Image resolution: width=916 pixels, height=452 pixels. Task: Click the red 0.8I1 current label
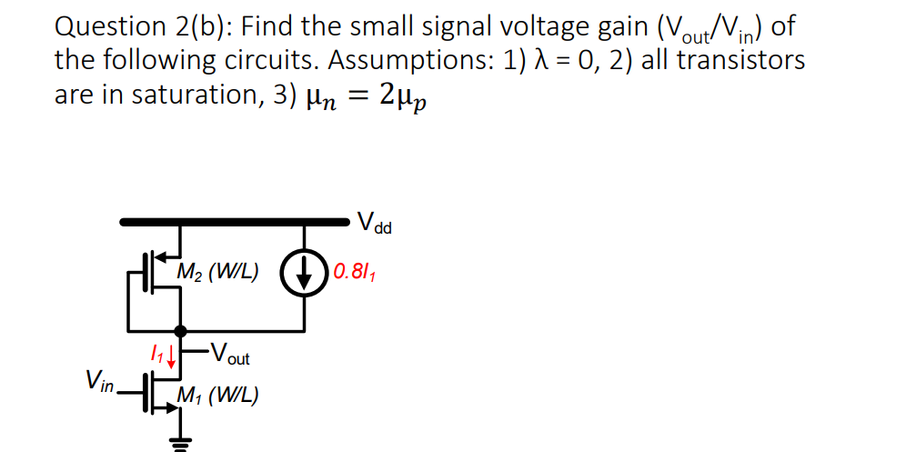coord(353,271)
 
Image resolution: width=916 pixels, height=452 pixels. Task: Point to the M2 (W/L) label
coord(217,270)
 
